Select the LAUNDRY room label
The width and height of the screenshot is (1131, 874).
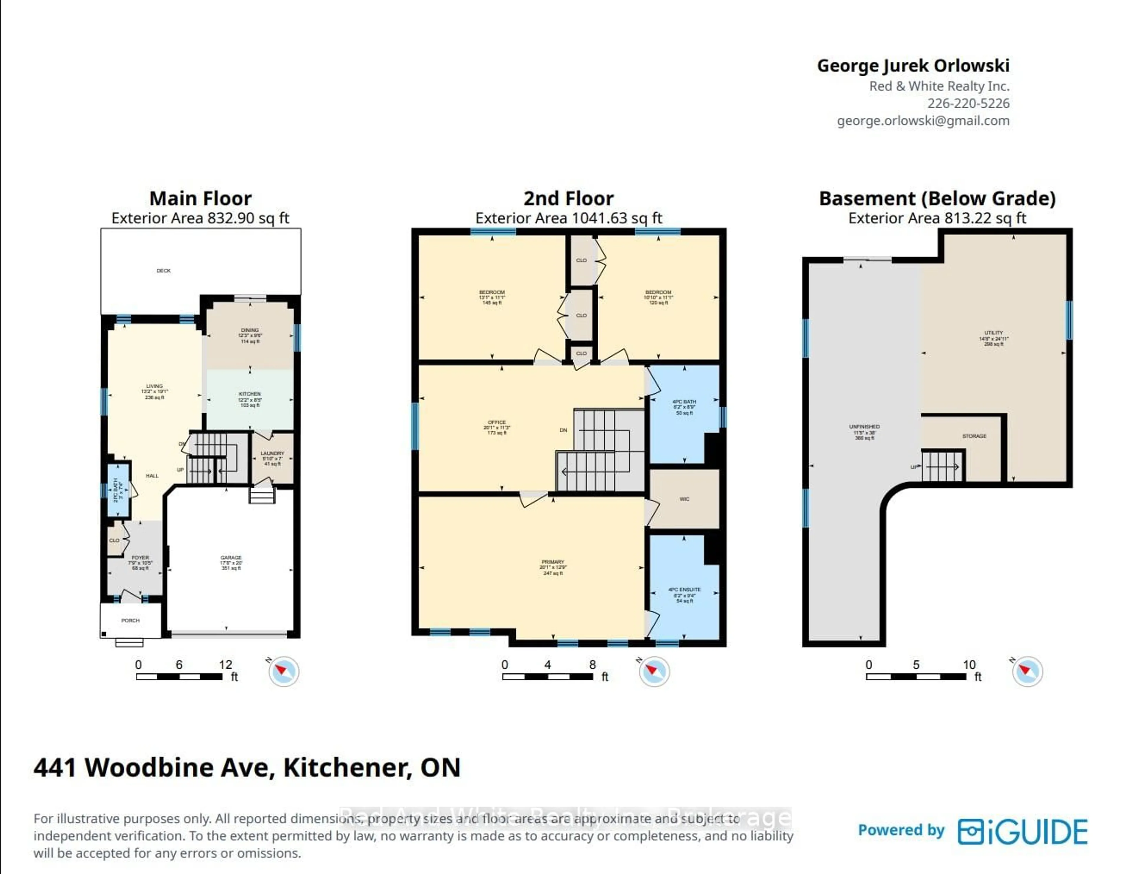(x=272, y=453)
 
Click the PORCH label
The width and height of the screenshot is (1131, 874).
(x=130, y=620)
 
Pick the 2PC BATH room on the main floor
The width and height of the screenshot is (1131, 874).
(x=118, y=489)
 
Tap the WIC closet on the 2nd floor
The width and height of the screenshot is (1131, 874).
(x=684, y=499)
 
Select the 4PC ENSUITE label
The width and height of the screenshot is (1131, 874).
(x=684, y=590)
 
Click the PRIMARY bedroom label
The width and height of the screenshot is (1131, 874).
(x=553, y=562)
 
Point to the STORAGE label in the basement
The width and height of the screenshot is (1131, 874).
(x=974, y=436)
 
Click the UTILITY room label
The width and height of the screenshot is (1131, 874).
(x=993, y=333)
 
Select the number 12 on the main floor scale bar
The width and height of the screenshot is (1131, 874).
(x=225, y=665)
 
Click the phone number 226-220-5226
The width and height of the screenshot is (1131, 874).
(x=968, y=103)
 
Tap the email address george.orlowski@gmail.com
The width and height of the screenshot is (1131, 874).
(x=923, y=121)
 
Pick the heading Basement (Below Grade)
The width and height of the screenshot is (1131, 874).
(x=937, y=198)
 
